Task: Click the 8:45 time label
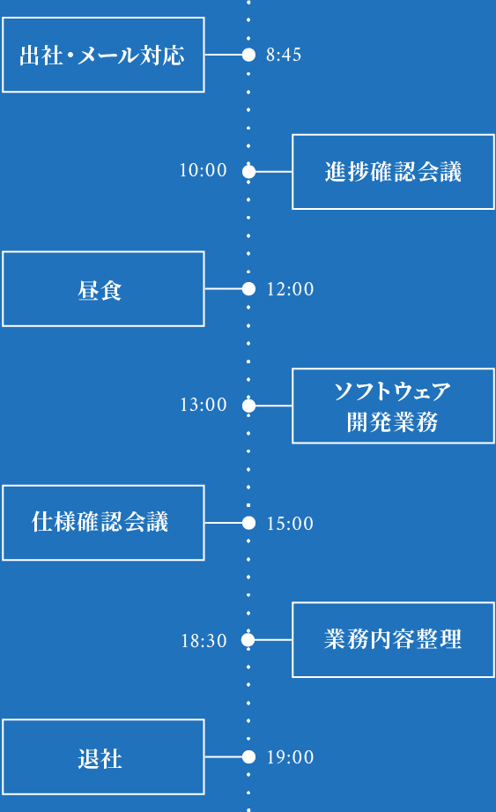284,56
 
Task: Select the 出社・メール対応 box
103,55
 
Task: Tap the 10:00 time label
204,171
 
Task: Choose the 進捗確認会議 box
393,172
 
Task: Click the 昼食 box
103,289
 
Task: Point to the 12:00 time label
290,289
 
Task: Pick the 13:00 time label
204,406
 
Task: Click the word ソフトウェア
393,391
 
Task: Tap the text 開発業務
393,422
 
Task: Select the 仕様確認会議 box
103,523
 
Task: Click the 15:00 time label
290,524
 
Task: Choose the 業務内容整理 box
393,640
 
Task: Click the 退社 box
103,757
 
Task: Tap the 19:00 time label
290,757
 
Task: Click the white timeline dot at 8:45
248,55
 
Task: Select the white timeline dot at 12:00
248,288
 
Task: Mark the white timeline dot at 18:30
248,640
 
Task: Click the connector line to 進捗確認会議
273,172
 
